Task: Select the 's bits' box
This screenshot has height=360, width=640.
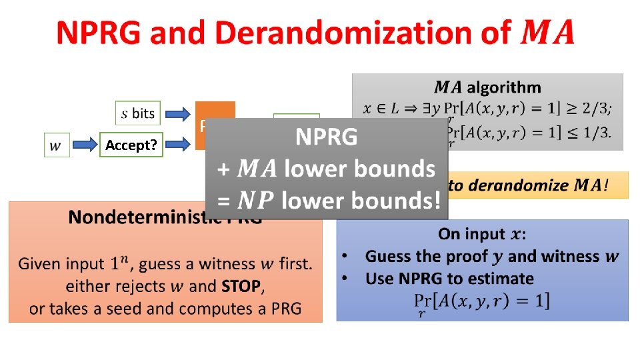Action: [x=138, y=113]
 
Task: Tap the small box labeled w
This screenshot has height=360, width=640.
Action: [x=57, y=145]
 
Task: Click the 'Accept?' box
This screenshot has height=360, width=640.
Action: [x=130, y=145]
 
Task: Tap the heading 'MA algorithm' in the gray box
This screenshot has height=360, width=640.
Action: [x=487, y=87]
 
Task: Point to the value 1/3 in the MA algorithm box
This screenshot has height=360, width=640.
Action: [x=596, y=132]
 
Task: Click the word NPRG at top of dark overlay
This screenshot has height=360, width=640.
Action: [x=327, y=138]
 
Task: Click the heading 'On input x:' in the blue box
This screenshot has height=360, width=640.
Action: [x=481, y=234]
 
